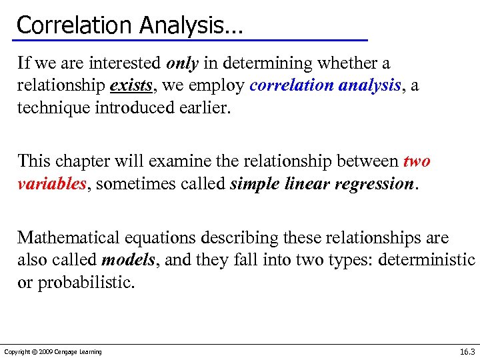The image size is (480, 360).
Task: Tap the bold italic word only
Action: click(182, 63)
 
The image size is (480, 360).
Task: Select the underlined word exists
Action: click(130, 86)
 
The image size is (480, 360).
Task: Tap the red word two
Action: click(417, 161)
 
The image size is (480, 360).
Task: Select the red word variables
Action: click(51, 184)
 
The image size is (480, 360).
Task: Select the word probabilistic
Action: click(86, 283)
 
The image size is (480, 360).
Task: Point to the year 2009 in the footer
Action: click(47, 352)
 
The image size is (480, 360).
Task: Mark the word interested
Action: click(123, 63)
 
